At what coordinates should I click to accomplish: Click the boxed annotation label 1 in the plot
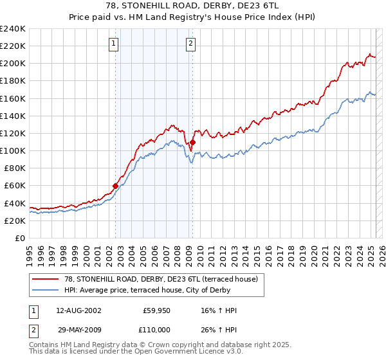113,44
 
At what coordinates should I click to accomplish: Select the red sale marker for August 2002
116,186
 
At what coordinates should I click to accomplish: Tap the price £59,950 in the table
157,310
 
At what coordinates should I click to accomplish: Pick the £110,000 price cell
157,329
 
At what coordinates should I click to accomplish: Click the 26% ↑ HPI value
219,329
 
